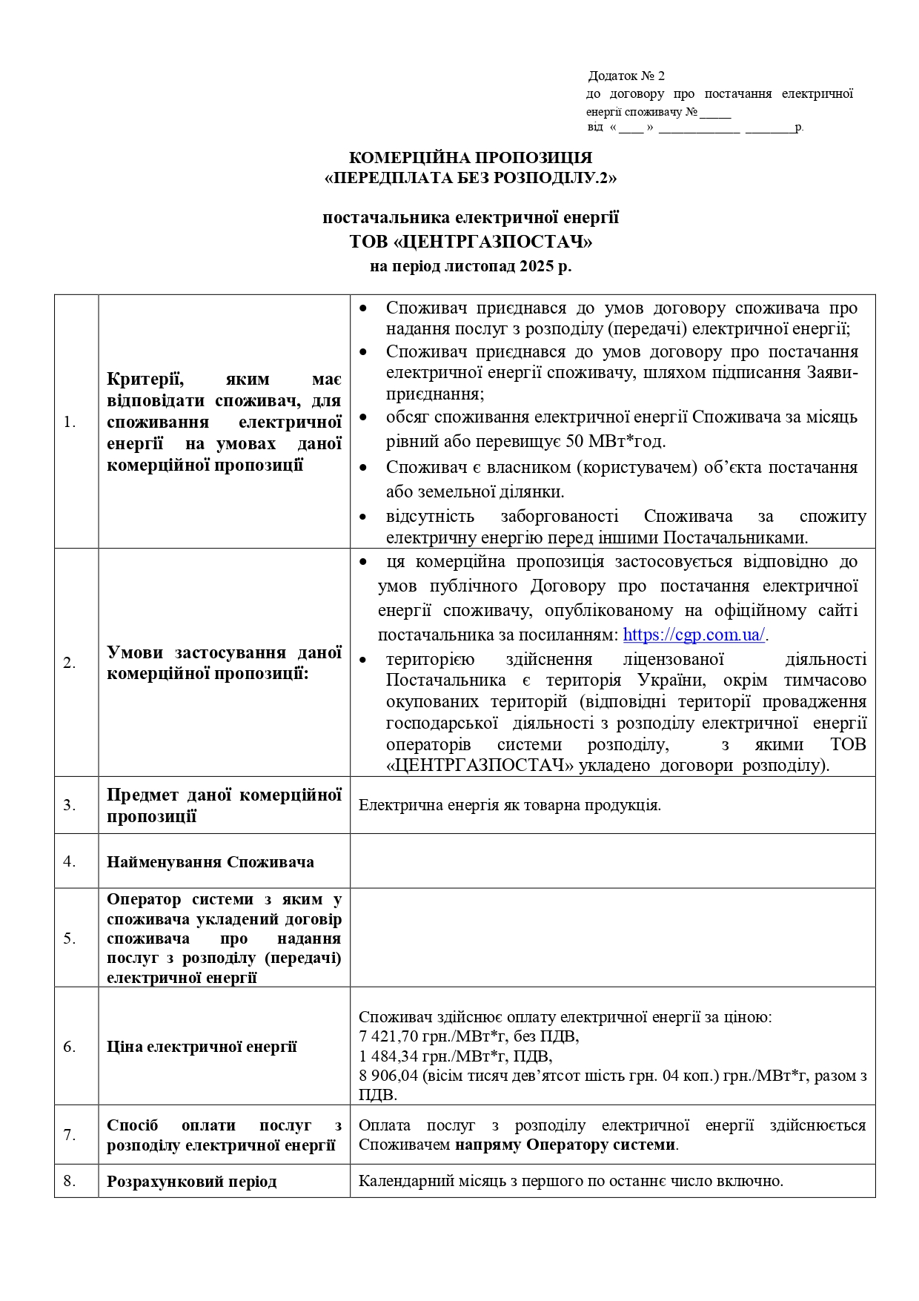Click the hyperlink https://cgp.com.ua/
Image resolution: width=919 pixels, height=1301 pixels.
point(694,635)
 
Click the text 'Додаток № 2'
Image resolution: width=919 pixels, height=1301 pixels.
point(626,76)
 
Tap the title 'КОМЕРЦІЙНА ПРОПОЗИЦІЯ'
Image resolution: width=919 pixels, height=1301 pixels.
point(471,158)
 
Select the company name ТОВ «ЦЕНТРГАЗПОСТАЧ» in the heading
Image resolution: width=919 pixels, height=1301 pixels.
point(471,242)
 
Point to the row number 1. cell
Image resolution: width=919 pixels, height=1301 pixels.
point(70,423)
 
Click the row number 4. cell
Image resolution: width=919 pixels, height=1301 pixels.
point(70,861)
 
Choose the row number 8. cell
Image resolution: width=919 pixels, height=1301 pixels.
point(70,1181)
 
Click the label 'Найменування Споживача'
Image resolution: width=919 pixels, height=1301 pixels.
point(210,862)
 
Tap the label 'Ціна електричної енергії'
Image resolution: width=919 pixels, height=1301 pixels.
point(202,1047)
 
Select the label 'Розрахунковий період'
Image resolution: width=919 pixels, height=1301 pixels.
point(191,1182)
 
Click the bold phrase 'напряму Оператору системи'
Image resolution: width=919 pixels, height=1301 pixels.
point(565,1145)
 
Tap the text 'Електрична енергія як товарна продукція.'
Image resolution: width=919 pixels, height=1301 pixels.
point(510,805)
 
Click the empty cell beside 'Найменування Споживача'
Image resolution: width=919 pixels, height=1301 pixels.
point(612,861)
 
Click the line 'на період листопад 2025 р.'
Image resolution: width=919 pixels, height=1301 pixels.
point(471,267)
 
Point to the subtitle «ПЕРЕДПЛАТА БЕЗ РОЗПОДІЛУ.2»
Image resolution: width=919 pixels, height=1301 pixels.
point(471,178)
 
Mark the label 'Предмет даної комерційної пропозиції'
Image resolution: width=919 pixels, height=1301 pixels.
point(224,806)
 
